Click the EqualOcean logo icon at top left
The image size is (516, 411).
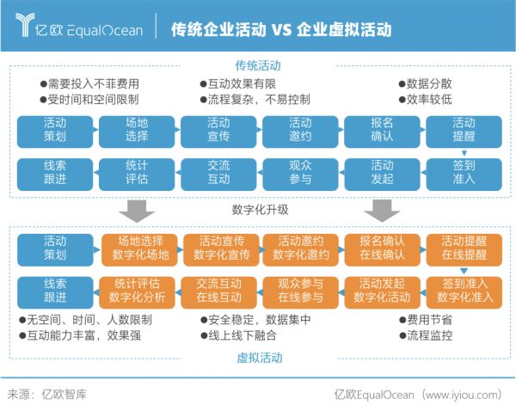[27, 26]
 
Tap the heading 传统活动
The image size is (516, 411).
[258, 65]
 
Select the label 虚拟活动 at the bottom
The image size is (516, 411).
[258, 358]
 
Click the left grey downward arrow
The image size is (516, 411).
[136, 210]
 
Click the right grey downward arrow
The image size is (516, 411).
[382, 210]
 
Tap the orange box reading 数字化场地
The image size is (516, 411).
[141, 248]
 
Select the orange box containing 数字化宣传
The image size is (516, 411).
[222, 248]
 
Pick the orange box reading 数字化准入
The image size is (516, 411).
[465, 290]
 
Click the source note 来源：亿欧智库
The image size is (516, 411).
[46, 395]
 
